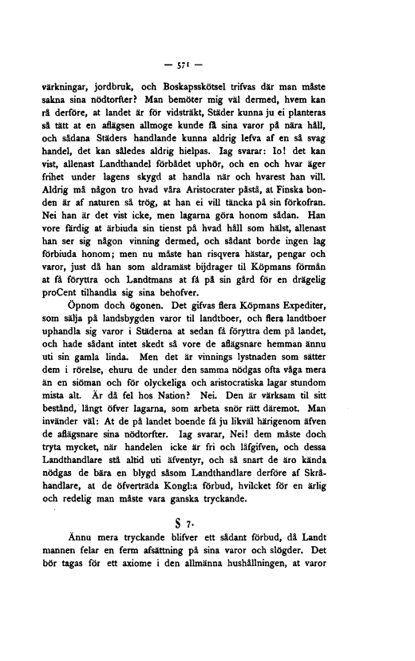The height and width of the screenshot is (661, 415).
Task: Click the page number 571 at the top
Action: (207, 61)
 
